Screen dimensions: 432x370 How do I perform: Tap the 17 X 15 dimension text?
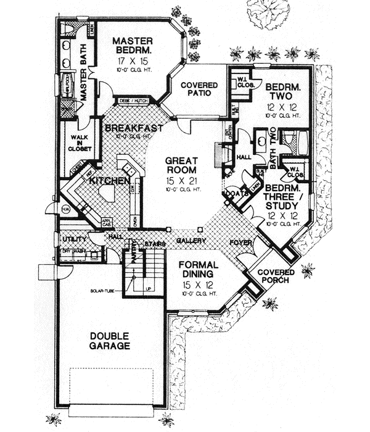(x=131, y=62)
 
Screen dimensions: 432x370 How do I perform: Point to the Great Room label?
(x=181, y=165)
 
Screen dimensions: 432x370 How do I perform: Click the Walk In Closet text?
(x=81, y=143)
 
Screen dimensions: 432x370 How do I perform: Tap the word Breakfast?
(x=134, y=128)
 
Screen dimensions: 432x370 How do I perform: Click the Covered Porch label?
(x=275, y=277)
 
